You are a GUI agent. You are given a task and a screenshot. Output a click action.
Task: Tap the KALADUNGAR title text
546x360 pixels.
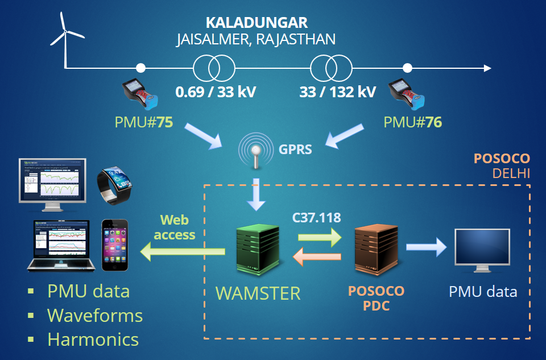click(257, 23)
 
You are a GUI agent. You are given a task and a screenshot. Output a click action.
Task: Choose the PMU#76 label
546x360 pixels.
click(412, 122)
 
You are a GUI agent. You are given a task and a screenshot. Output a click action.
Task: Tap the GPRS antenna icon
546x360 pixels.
click(257, 151)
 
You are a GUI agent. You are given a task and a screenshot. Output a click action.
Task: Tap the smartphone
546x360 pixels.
click(115, 245)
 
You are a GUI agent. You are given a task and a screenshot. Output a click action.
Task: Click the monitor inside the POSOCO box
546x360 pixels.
click(481, 251)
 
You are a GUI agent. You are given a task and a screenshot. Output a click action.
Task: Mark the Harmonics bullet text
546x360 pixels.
click(93, 340)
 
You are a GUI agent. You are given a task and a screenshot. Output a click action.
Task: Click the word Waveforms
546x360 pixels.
click(94, 315)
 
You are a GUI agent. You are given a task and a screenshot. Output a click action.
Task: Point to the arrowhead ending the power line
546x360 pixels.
click(487, 68)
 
